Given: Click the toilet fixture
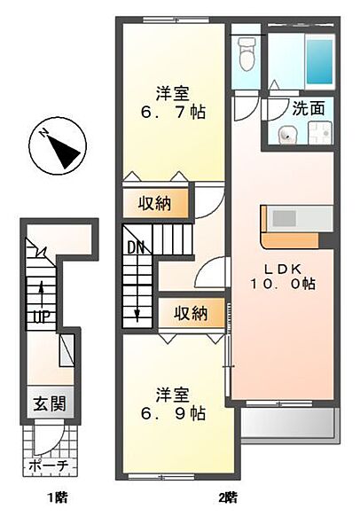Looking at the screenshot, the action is coord(247,53).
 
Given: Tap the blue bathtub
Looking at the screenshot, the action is coord(319,61).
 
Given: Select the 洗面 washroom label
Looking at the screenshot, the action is coord(309,108).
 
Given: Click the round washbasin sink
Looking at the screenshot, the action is coord(288,135).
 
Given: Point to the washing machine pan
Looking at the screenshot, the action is coord(319,133).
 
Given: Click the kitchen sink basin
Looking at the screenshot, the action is coord(285,218).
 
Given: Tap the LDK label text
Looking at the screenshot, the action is coord(283,269).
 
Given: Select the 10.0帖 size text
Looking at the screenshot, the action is coord(283,284).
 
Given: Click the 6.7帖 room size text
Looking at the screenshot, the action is coord(173,112).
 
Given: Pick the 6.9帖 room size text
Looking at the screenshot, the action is coord(173,413).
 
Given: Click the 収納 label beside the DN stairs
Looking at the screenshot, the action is coord(154,203).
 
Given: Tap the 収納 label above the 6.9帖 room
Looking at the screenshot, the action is coord(191,313).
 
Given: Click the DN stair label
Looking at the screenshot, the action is coord(136,247).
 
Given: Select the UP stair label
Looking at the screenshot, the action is coord(42,317).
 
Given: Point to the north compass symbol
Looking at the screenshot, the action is coord(58,146).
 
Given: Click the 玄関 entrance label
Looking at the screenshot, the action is coord(50,403).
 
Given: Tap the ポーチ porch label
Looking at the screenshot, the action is coord(49,465).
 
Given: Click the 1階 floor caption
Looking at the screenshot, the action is coord(57,498).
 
